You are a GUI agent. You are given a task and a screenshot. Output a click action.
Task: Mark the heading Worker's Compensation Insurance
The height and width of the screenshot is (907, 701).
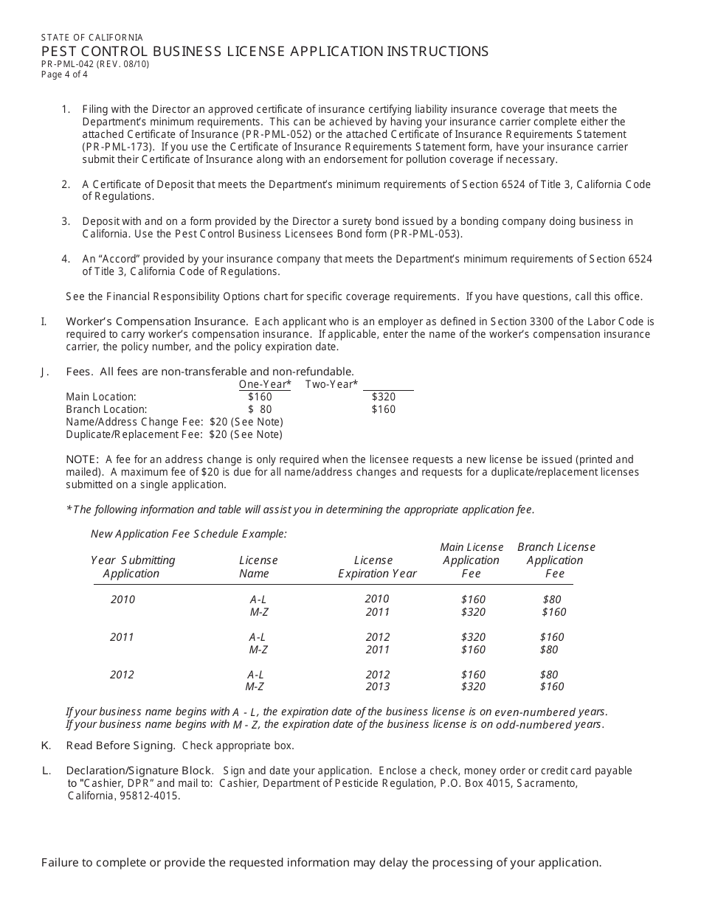tap(156, 322)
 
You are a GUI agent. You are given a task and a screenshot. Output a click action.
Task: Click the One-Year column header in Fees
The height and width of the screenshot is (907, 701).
tap(265, 384)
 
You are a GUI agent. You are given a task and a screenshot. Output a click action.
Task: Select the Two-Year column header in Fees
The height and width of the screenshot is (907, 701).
tap(331, 384)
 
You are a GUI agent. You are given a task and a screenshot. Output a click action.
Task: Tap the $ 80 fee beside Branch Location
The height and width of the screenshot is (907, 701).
tap(260, 409)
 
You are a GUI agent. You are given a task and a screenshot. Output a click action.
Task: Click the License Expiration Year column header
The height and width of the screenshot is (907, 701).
tap(377, 567)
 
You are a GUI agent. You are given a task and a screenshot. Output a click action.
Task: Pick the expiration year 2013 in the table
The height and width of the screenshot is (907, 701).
tap(377, 687)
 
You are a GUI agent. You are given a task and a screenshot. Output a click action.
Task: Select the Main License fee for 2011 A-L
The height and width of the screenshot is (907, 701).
tap(473, 637)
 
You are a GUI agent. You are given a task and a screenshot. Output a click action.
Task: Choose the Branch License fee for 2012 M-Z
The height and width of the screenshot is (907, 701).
tap(552, 687)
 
